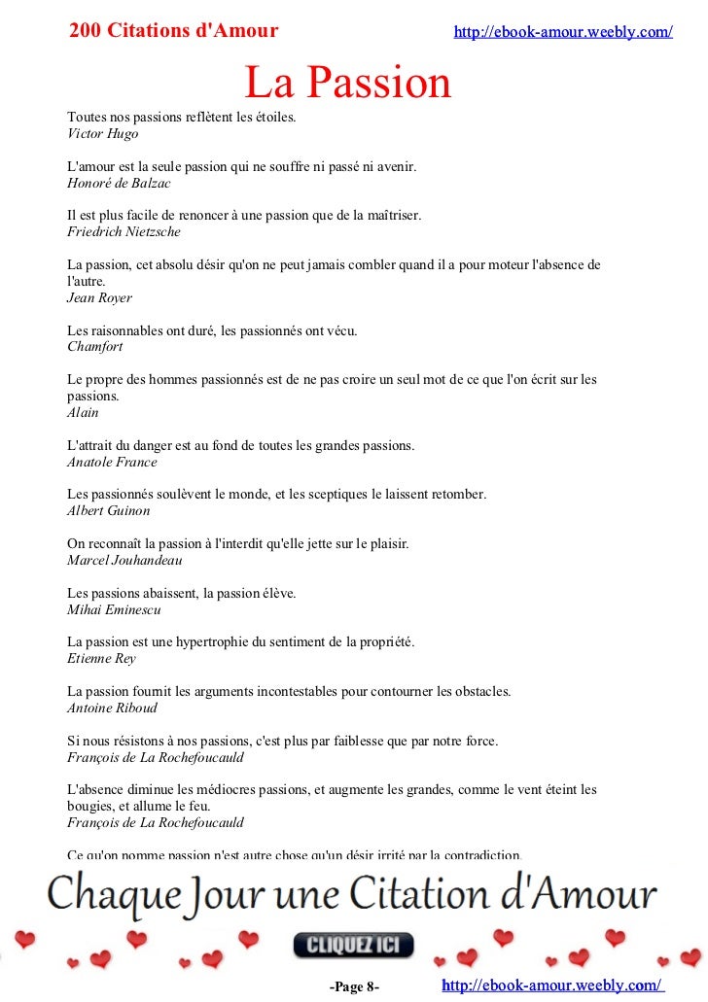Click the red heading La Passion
pos(348,84)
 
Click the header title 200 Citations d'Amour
pos(174,31)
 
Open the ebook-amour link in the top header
pos(563,32)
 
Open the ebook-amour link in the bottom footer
pos(552,985)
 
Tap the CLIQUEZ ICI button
pos(354,945)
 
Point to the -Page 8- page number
pos(354,987)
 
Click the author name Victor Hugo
pos(103,134)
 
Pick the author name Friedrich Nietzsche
pos(124,232)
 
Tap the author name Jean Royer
pos(99,297)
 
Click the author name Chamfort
pos(95,346)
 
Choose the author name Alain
pos(83,412)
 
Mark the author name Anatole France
pos(112,462)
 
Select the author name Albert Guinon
pos(109,510)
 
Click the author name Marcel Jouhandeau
pos(124,560)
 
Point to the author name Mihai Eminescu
pos(114,609)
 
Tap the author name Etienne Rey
pos(101,658)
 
